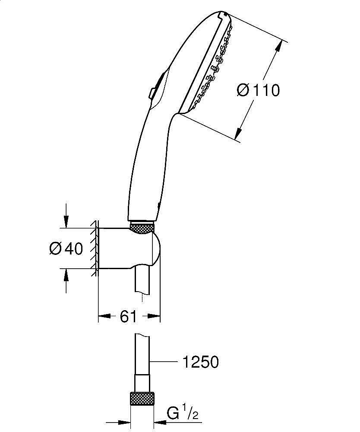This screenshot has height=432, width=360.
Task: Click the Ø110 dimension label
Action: coord(259,90)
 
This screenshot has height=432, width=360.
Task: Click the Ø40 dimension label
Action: coord(66,249)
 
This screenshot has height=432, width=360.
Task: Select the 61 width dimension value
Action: coord(128,317)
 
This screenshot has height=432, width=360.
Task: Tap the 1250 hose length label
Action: coord(199,362)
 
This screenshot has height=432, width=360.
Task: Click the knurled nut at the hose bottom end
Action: coord(142,399)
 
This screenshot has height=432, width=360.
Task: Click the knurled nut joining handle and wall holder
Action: coord(142,228)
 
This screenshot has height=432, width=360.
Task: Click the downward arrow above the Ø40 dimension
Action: coord(66,221)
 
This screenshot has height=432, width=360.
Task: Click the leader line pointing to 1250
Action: coord(166,361)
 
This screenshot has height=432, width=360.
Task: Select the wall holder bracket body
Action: coord(129,248)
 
